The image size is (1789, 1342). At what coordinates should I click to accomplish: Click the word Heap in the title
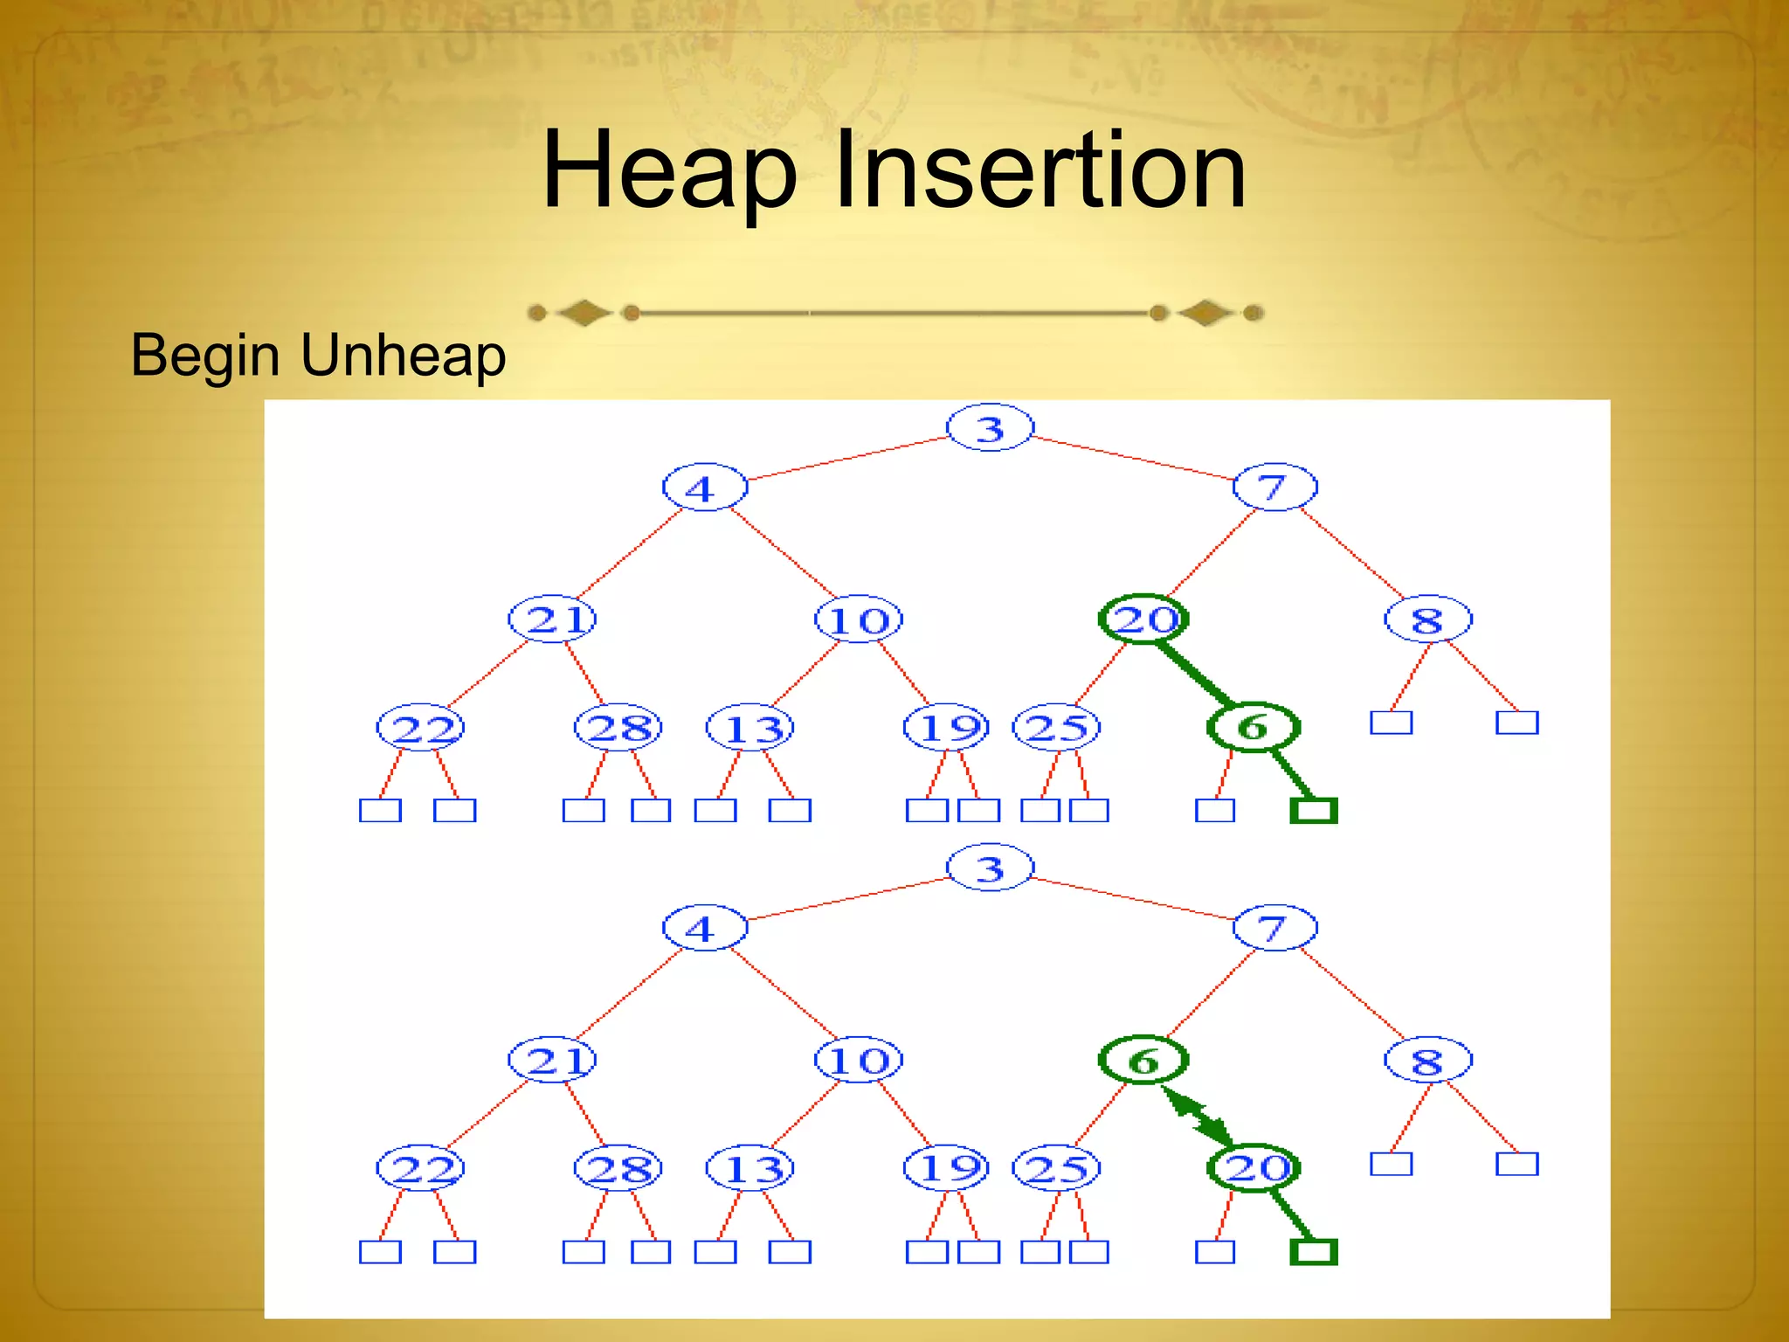(669, 170)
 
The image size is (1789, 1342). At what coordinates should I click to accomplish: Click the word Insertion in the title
(1040, 170)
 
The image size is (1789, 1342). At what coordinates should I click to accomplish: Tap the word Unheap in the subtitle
(403, 356)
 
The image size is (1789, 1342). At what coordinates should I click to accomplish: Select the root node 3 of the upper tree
(990, 428)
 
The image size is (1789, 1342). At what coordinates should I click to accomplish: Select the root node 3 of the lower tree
(990, 868)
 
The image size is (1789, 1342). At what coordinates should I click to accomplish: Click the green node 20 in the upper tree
(1143, 619)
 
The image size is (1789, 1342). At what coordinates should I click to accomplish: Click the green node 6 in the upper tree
(1253, 726)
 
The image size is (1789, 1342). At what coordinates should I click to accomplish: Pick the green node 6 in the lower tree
(1143, 1061)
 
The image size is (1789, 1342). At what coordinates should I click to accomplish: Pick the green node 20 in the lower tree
(1254, 1167)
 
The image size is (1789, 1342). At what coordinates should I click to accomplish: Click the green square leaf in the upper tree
(1314, 811)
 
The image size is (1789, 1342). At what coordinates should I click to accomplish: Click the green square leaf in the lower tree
(1314, 1252)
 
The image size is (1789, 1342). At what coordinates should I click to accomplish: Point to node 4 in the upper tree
(704, 488)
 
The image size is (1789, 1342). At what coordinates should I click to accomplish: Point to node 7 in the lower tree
(1274, 928)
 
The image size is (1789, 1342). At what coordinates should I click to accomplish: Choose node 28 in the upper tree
(618, 727)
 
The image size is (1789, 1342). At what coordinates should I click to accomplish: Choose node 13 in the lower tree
(750, 1168)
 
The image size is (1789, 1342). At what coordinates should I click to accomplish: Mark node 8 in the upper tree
(1427, 620)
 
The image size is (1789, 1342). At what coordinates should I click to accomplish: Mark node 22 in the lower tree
(420, 1168)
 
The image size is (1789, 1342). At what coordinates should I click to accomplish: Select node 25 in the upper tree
(1056, 727)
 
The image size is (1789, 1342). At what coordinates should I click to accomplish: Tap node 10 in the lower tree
(859, 1061)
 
